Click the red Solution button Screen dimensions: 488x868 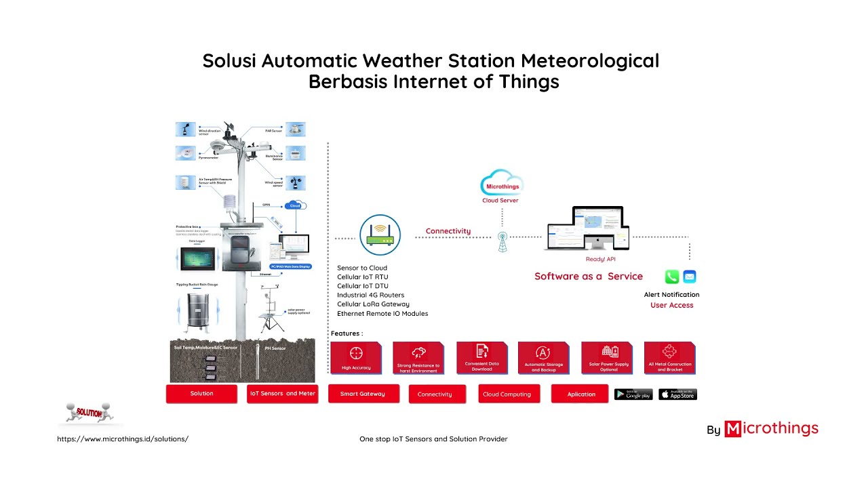pyautogui.click(x=201, y=394)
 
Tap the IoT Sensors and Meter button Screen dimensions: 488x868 pyautogui.click(x=283, y=394)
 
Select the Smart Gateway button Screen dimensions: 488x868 pyautogui.click(x=363, y=394)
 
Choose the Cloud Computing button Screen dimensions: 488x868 pyautogui.click(x=509, y=394)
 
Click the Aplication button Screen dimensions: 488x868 pyautogui.click(x=580, y=394)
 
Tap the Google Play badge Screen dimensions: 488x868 pyautogui.click(x=633, y=394)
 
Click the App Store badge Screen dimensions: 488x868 pyautogui.click(x=677, y=394)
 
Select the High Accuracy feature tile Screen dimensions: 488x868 pyautogui.click(x=356, y=358)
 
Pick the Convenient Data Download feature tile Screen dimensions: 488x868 pyautogui.click(x=481, y=357)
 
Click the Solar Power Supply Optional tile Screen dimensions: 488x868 pyautogui.click(x=608, y=357)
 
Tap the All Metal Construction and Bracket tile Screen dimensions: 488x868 pyautogui.click(x=669, y=357)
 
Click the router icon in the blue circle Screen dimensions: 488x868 pyautogui.click(x=380, y=235)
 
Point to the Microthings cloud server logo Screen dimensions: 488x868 pyautogui.click(x=501, y=184)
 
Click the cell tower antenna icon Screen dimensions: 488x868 pyautogui.click(x=502, y=242)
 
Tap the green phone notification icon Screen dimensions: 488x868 pyautogui.click(x=671, y=277)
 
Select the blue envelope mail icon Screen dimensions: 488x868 pyautogui.click(x=690, y=277)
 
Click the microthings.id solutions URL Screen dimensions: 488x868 pyautogui.click(x=123, y=439)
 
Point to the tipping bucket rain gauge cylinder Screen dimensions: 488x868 pyautogui.click(x=197, y=312)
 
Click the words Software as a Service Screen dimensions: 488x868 pyautogui.click(x=588, y=277)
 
